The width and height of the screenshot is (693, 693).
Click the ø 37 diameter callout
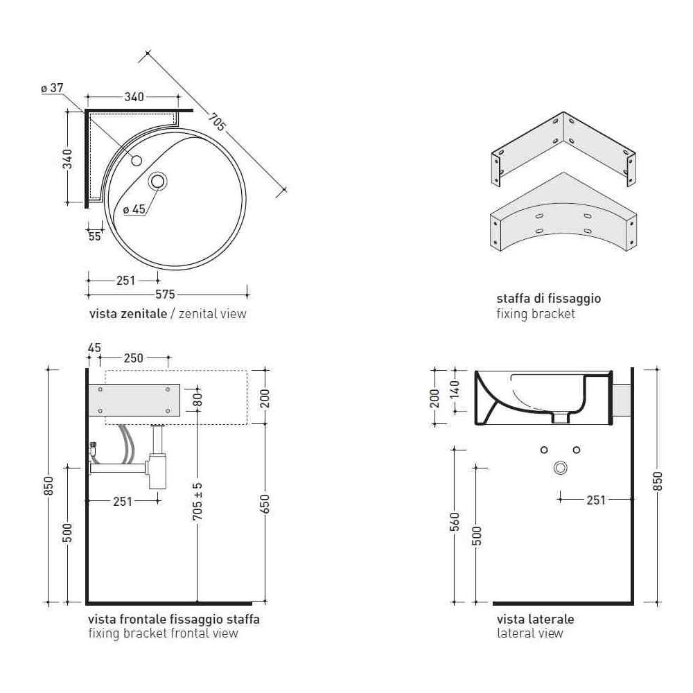tap(52, 88)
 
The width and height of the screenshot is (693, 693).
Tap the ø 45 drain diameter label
tap(134, 209)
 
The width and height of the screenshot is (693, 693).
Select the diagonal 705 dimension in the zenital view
tap(217, 122)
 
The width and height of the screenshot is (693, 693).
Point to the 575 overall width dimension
tap(165, 295)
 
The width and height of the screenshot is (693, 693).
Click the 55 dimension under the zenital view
tap(94, 236)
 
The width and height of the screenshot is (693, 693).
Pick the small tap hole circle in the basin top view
tap(137, 161)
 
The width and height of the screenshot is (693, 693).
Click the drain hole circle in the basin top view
tap(158, 181)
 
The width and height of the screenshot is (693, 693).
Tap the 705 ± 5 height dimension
tap(198, 501)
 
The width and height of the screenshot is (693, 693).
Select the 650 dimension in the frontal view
tap(265, 505)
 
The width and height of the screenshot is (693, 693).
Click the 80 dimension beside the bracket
tap(198, 400)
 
